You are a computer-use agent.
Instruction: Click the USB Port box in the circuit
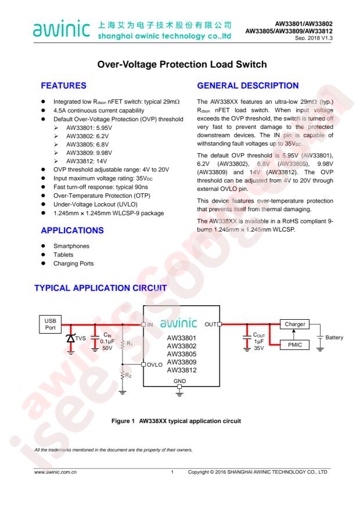click(50, 324)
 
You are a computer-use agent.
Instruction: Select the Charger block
click(294, 324)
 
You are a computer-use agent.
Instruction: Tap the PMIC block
click(294, 345)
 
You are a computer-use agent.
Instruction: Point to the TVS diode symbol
click(70, 338)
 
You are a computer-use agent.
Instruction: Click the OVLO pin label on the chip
click(154, 365)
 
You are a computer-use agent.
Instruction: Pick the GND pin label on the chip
click(179, 381)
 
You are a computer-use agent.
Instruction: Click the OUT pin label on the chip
click(211, 324)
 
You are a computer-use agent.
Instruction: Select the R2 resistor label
click(128, 376)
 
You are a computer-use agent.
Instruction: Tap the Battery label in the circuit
click(334, 338)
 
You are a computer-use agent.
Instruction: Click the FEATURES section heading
click(64, 86)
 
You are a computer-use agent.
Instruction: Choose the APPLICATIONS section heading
click(73, 230)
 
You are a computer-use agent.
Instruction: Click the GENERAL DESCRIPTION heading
click(248, 86)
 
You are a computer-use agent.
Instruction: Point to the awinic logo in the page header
click(62, 28)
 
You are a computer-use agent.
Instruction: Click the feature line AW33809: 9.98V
click(89, 153)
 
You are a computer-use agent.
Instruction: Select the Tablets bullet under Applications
click(63, 255)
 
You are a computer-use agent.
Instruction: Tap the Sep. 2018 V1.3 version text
click(314, 38)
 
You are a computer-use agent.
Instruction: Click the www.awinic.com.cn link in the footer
click(56, 472)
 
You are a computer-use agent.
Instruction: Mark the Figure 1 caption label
click(123, 421)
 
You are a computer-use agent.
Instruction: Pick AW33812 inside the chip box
click(182, 370)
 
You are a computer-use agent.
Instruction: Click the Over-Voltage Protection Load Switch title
click(182, 64)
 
